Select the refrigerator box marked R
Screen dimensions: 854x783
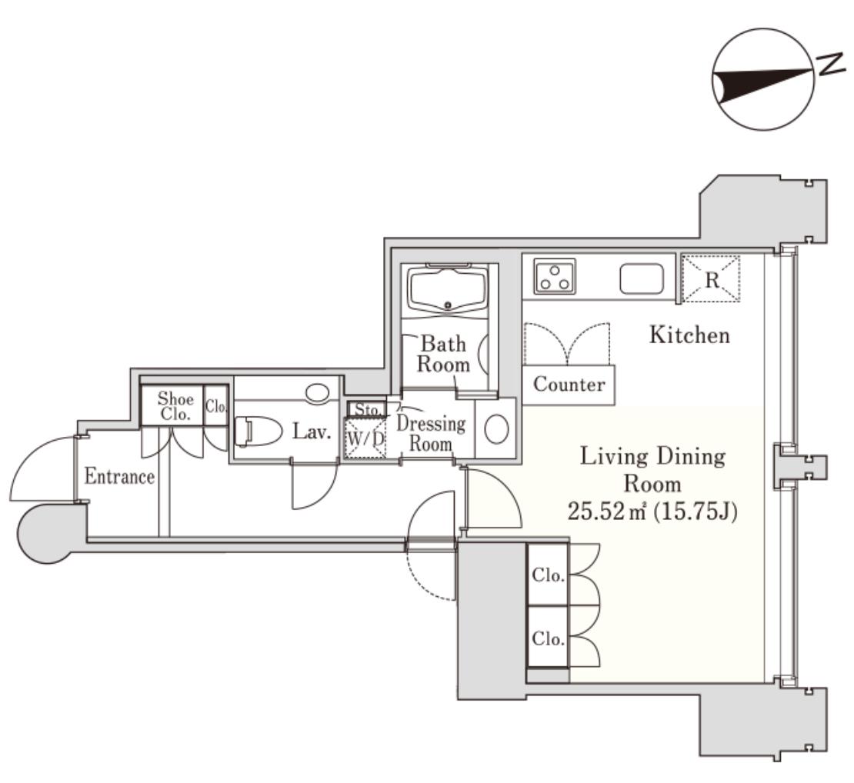click(711, 278)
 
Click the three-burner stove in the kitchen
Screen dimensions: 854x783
click(555, 277)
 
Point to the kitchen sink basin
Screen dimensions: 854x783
click(642, 278)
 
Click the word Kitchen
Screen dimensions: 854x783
click(689, 335)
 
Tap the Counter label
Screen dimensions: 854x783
click(569, 385)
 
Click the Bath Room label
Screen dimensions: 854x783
click(443, 354)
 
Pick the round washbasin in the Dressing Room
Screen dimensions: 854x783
click(496, 428)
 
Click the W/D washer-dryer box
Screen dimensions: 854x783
click(365, 437)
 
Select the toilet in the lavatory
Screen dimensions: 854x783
click(259, 431)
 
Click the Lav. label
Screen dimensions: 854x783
click(312, 432)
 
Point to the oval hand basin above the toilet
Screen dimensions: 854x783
click(317, 392)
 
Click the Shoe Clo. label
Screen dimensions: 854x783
click(175, 406)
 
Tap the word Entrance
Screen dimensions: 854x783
click(119, 476)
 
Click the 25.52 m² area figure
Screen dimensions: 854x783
click(607, 511)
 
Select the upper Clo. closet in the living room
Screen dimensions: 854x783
click(548, 575)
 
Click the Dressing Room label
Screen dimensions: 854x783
click(431, 434)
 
